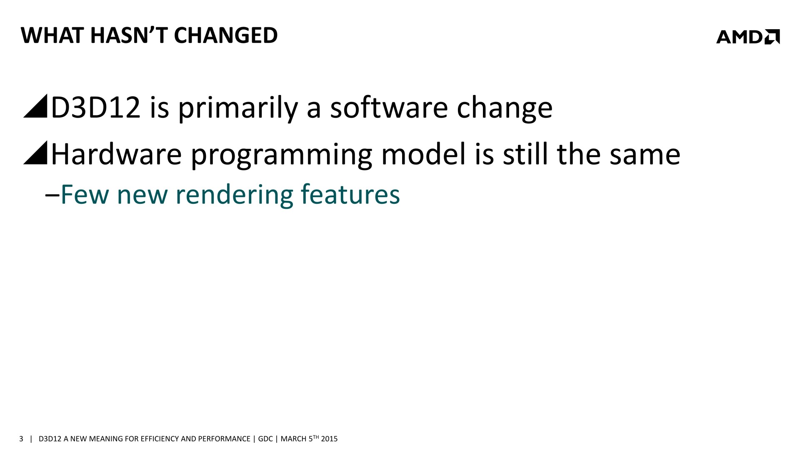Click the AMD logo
(748, 37)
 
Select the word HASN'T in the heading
(129, 35)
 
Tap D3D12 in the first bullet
(95, 107)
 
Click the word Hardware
(116, 154)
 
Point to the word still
(525, 154)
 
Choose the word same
(645, 157)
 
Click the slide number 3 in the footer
(21, 439)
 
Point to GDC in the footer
(265, 439)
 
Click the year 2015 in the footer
(329, 439)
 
